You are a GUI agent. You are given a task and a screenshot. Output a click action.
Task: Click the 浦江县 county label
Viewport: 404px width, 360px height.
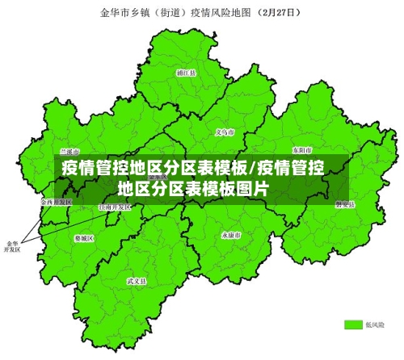click(x=187, y=72)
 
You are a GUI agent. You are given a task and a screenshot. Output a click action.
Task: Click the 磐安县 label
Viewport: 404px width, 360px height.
click(x=345, y=204)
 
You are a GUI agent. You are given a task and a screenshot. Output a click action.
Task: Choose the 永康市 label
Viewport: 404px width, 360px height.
click(x=231, y=235)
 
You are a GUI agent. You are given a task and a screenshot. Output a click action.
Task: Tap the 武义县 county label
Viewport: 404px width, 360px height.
click(x=137, y=281)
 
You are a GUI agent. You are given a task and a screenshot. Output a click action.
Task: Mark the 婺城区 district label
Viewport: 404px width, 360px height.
click(x=84, y=239)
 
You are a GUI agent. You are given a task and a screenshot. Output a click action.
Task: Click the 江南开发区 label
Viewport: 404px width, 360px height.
click(x=114, y=207)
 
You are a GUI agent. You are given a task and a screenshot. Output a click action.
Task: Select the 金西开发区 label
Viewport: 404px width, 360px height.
click(x=57, y=201)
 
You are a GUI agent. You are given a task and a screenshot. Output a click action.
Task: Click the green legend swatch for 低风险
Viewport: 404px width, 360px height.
click(x=352, y=324)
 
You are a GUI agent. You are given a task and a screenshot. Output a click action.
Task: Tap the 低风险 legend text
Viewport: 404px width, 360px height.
click(x=375, y=324)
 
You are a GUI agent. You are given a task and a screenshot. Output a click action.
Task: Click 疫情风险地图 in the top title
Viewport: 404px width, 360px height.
click(x=219, y=13)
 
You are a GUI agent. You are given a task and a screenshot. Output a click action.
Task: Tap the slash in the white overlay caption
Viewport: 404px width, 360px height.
click(x=252, y=169)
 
